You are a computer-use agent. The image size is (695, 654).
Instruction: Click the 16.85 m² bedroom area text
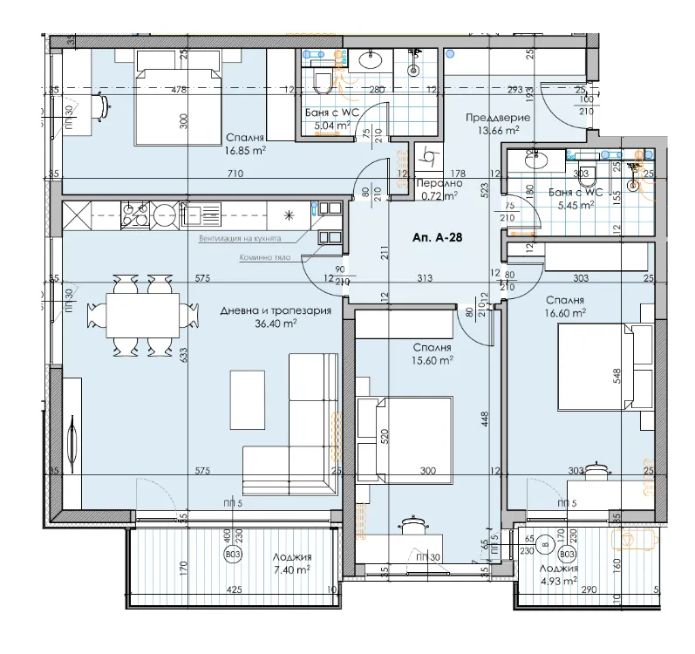[x=245, y=149]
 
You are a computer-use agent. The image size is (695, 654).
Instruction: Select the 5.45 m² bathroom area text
[x=576, y=206]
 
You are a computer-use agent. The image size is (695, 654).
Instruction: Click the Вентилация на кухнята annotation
[x=251, y=238]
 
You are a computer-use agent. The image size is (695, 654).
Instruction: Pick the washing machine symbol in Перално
[x=428, y=157]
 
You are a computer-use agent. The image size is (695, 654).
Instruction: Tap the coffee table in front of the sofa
[x=247, y=400]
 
